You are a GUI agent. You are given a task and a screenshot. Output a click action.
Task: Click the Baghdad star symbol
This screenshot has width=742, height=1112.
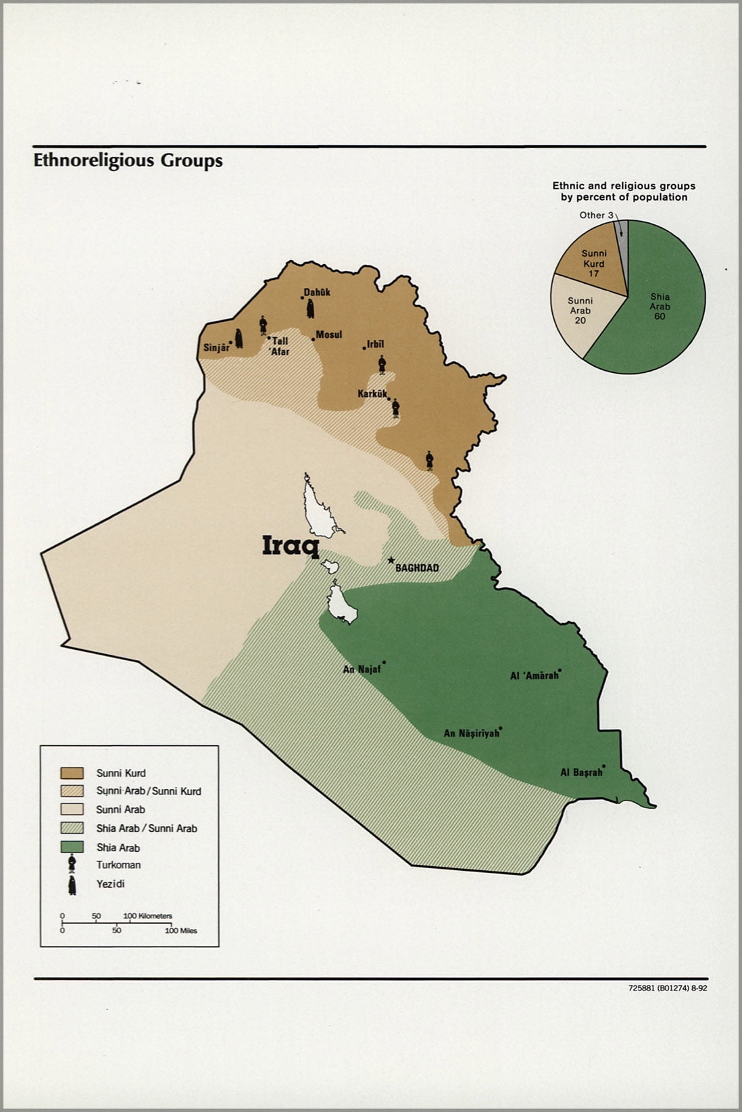click(391, 560)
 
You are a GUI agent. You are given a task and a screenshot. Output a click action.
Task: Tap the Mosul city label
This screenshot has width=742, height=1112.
click(329, 334)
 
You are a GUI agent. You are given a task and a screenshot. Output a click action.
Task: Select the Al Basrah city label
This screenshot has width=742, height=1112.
click(581, 772)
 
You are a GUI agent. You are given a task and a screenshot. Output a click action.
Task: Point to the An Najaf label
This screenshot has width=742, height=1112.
click(362, 669)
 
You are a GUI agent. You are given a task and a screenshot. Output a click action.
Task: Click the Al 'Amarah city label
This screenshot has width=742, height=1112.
click(534, 675)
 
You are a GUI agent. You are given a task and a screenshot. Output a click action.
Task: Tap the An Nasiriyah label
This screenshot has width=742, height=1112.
click(471, 733)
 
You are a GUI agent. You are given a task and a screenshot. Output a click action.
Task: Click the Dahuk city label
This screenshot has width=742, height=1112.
click(316, 293)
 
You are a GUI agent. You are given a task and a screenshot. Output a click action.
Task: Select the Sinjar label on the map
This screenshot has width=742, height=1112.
click(216, 349)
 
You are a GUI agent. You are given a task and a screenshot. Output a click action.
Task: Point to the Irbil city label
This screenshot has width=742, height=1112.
click(375, 345)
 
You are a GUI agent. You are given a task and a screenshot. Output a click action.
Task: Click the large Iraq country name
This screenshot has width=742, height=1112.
click(291, 545)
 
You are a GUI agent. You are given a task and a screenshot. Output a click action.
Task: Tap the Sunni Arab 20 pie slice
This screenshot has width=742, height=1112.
click(580, 312)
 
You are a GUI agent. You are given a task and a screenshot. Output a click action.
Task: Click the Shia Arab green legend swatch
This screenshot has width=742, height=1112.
click(72, 847)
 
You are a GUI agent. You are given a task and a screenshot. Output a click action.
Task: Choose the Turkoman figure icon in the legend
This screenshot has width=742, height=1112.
click(72, 864)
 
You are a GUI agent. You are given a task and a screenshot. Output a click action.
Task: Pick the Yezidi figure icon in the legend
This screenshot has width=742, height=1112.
click(72, 885)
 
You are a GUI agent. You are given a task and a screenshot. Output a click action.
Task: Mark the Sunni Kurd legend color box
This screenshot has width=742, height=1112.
click(72, 773)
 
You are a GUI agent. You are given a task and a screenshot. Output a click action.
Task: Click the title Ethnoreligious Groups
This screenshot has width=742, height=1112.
click(128, 161)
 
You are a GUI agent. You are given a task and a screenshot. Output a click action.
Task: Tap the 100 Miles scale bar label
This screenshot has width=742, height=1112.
click(181, 930)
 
